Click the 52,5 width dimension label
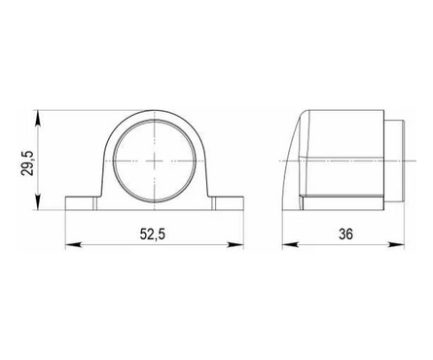pos(153,234)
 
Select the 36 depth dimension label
pos(345,234)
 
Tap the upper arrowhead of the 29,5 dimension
pos(38,118)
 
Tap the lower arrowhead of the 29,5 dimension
pos(38,202)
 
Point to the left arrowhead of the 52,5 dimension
pos(73,245)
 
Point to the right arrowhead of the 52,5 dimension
pos(235,245)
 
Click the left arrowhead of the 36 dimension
pos(290,245)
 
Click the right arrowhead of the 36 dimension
pos(396,245)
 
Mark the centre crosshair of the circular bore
pos(155,161)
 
